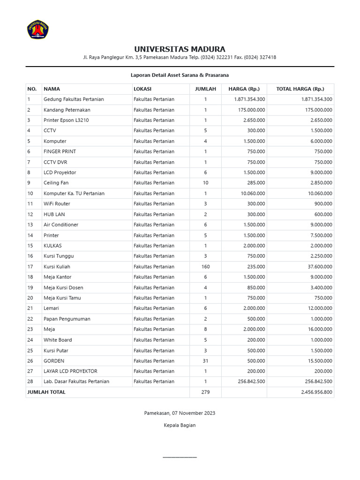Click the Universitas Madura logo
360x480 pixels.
tap(38, 29)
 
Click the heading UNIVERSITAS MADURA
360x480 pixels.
tap(180, 49)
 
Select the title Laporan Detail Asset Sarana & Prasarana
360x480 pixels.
tap(180, 75)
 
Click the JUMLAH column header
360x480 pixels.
tap(205, 89)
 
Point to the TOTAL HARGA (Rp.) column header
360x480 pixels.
tap(300, 89)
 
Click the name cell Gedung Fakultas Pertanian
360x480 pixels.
tap(74, 99)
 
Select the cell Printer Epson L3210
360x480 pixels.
tap(66, 120)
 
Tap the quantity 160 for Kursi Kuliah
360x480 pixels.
tap(205, 267)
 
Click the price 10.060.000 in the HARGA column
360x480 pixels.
tap(252, 194)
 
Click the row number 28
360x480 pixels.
tap(30, 382)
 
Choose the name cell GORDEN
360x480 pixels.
tap(54, 361)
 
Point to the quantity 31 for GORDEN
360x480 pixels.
tap(205, 361)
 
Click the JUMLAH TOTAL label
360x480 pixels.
tap(46, 392)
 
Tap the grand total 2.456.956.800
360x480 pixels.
tap(316, 392)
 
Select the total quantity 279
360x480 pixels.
tap(205, 392)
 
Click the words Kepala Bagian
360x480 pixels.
tap(180, 425)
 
